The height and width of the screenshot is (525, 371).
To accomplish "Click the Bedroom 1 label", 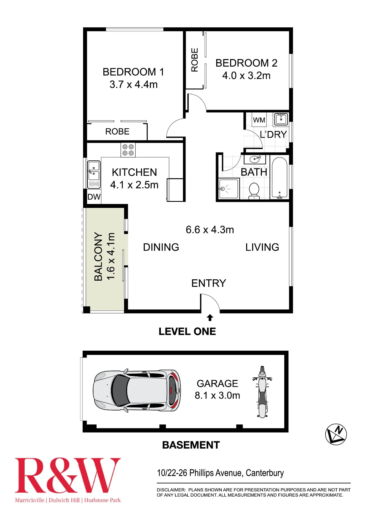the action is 133,72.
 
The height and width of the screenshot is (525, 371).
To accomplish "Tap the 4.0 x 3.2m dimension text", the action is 246,76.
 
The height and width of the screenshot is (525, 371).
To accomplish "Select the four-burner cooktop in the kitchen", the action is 128,150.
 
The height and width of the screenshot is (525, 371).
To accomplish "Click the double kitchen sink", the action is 94,175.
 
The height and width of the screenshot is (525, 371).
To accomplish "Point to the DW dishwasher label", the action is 94,197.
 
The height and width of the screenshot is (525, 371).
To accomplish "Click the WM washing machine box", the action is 259,120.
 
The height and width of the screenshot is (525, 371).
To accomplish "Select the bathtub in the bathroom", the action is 280,177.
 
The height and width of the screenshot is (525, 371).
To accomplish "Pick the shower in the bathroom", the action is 229,188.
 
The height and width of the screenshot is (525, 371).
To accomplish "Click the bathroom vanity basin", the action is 255,159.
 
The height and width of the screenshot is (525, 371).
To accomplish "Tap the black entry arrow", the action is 210,318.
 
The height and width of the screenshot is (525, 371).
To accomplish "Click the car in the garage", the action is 137,391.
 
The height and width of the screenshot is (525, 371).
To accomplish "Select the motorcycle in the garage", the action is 262,392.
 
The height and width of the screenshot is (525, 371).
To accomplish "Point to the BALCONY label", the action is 98,256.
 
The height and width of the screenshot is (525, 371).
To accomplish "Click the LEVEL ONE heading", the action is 187,332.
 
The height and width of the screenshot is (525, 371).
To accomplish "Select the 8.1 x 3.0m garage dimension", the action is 217,395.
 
